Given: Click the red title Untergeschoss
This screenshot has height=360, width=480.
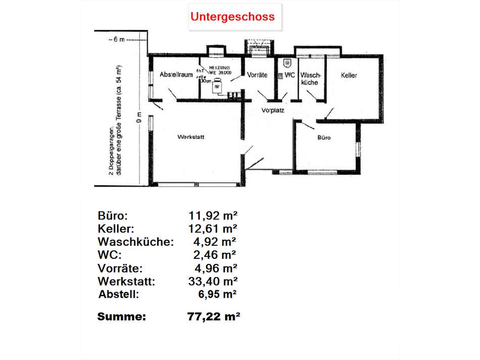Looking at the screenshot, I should coord(232,17).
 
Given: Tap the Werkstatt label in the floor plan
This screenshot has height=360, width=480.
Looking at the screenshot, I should coord(190,137).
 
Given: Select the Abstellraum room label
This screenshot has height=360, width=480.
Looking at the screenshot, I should coord(176,75).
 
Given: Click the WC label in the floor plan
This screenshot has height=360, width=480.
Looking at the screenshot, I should coord(290,75).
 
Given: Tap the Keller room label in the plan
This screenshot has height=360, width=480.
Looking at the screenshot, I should coord(349,75).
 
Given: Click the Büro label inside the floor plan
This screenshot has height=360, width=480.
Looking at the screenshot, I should coord(324,137).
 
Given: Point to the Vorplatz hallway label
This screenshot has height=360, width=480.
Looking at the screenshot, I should coord(273,110).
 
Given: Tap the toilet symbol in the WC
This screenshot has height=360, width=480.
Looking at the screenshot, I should coord(287,63).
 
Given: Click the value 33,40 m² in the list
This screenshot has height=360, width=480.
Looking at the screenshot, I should coord(212,280).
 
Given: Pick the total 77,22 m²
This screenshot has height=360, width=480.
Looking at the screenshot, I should coord(213,317).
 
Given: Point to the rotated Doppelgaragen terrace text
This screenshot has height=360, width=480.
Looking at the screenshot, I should coord(114,120).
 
